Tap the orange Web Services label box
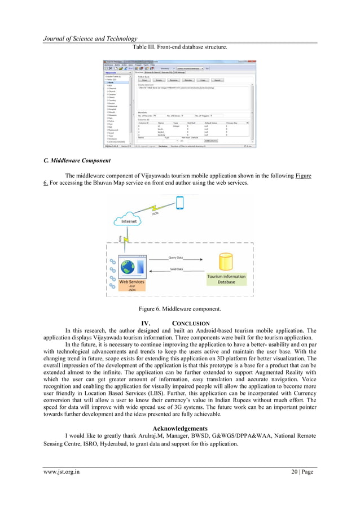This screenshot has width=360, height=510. coord(131,285)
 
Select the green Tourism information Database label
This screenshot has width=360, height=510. coord(226,279)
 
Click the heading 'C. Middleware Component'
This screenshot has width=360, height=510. coord(77,160)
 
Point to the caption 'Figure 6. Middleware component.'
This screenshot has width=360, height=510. coord(180,308)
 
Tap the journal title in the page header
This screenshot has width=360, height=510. coord(91,38)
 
